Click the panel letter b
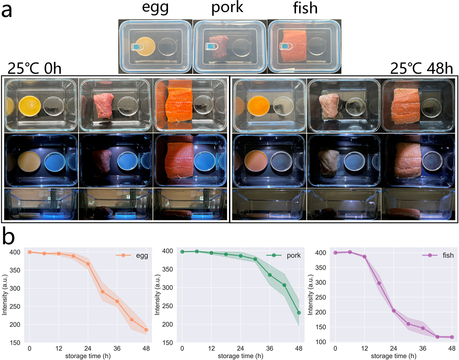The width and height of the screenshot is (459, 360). [x=10, y=237]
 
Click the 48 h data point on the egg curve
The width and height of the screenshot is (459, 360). [x=146, y=330]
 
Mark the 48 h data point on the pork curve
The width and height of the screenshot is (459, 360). [x=299, y=313]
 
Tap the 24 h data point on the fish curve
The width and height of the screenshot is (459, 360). [x=393, y=311]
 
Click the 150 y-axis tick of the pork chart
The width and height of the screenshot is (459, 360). [x=168, y=342]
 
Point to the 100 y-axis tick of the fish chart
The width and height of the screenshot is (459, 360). [x=321, y=342]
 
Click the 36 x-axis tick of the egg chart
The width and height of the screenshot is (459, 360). [x=117, y=348]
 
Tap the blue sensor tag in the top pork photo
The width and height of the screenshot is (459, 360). [x=210, y=47]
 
